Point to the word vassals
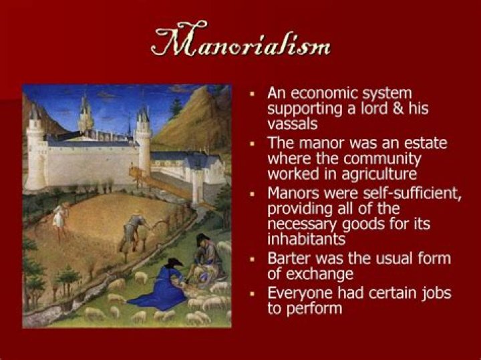coord(292,124)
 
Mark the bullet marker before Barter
coord(253,257)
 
